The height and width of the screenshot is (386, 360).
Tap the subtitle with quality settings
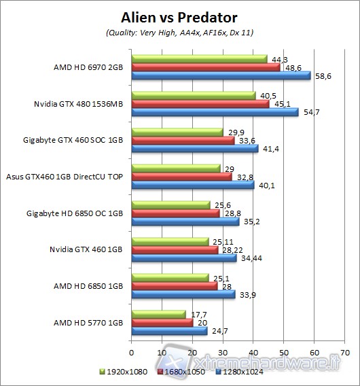point(179,33)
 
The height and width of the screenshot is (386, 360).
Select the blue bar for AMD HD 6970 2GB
point(220,75)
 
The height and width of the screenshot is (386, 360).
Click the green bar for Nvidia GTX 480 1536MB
point(193,96)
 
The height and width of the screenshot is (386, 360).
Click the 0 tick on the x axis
point(131,353)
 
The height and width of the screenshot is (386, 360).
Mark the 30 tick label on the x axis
point(223,353)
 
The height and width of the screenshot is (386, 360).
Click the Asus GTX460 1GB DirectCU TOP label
point(64,176)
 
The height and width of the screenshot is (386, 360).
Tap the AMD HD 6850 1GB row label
point(89,286)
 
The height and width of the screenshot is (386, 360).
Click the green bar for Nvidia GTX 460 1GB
point(170,241)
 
